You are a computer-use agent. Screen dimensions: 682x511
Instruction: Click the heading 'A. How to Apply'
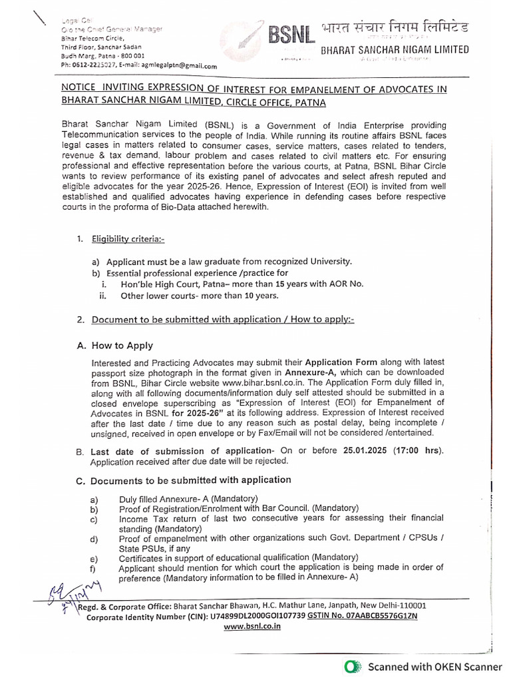tap(115, 345)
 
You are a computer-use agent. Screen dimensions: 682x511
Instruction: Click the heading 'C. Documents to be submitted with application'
tap(184, 480)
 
